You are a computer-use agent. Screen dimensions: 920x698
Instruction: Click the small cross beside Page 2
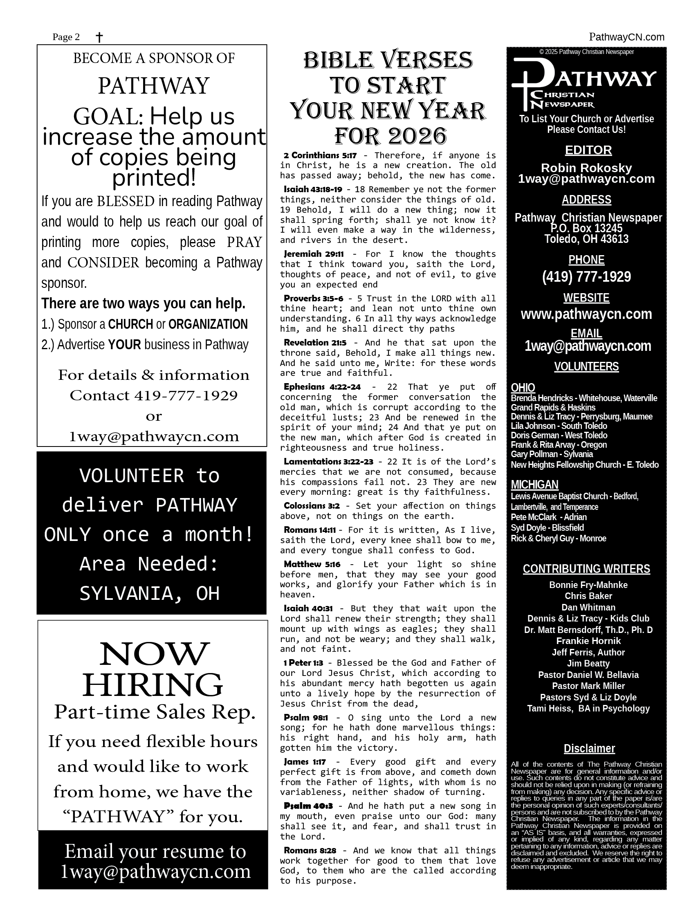(99, 38)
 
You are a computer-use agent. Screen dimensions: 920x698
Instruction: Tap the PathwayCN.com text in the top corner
(626, 37)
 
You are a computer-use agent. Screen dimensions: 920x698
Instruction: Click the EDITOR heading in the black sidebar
(588, 150)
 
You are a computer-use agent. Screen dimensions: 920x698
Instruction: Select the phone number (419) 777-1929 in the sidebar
(586, 276)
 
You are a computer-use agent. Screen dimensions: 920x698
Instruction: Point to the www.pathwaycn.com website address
(586, 314)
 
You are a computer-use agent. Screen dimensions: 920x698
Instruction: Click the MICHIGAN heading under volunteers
(534, 485)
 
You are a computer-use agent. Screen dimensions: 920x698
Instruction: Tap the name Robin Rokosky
(586, 168)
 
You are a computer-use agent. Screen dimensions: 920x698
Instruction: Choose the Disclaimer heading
(589, 749)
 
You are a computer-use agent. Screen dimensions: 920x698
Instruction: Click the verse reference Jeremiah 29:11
(314, 254)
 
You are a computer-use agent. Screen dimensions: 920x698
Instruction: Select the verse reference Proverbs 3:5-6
(313, 298)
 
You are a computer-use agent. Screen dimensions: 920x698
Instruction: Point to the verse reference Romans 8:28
(310, 850)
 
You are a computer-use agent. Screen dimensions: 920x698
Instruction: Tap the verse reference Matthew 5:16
(312, 564)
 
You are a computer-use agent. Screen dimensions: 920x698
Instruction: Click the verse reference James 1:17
(305, 762)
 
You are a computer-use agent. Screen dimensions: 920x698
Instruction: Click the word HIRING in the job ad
(153, 685)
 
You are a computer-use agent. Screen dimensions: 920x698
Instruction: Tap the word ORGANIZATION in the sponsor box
(208, 324)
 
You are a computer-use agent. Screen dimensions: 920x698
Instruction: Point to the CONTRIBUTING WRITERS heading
(586, 569)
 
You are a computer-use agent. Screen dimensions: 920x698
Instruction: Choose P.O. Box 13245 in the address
(586, 228)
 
